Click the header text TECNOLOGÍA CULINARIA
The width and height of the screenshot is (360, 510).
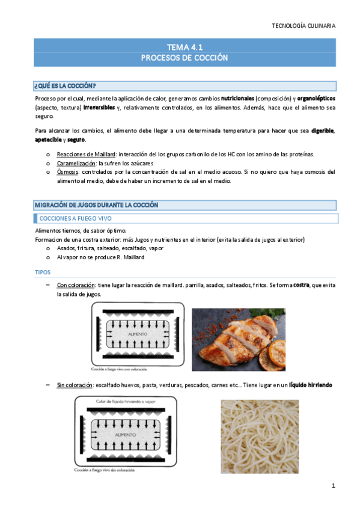[x=304, y=26]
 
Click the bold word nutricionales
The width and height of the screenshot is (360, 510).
[x=237, y=97]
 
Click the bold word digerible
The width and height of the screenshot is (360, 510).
[x=320, y=131]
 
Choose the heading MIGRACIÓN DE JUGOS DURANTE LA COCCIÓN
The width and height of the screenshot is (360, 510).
[x=96, y=205]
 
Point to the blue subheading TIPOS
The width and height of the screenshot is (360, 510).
[x=43, y=272]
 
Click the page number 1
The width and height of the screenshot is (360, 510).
[x=332, y=485]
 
